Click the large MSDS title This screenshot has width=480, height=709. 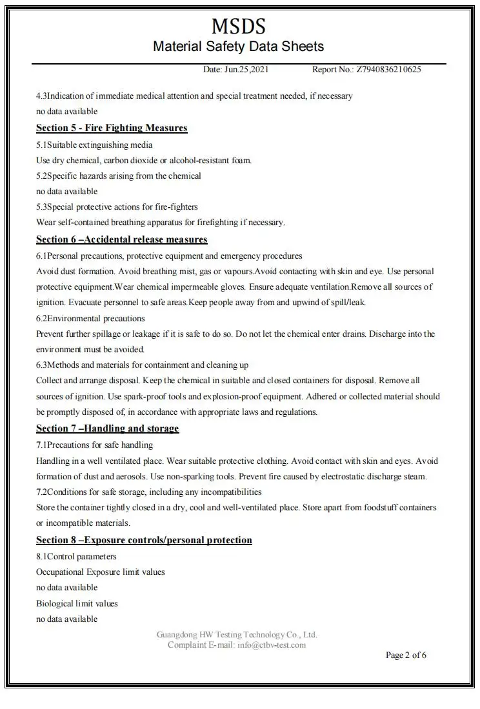(x=238, y=26)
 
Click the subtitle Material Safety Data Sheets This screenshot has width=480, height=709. (x=238, y=46)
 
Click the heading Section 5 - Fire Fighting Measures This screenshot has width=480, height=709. (x=112, y=128)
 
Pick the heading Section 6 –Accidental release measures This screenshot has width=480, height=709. (x=121, y=239)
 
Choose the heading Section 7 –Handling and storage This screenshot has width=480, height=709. (x=107, y=428)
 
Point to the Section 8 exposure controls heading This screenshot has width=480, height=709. (x=144, y=540)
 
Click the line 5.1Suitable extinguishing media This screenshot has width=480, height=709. (x=94, y=145)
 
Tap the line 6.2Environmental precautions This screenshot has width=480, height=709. (x=90, y=318)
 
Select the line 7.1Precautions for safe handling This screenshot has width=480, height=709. (x=94, y=445)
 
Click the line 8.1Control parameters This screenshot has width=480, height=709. (x=76, y=556)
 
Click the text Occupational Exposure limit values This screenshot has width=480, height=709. (x=100, y=572)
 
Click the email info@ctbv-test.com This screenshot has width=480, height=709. (x=272, y=644)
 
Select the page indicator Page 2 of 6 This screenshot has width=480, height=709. (x=406, y=655)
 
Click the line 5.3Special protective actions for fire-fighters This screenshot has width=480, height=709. (x=117, y=207)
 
